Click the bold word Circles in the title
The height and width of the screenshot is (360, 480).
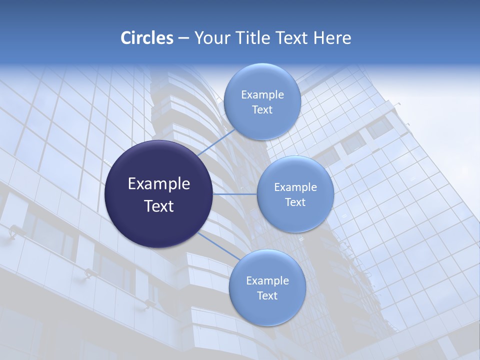point(146,38)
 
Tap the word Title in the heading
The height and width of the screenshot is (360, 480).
point(253,38)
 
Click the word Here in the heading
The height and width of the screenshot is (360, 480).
point(332,38)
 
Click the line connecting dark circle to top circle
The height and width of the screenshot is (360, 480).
point(216,142)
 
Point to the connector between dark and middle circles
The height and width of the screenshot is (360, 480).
point(235,194)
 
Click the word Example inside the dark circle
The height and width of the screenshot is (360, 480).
point(159,184)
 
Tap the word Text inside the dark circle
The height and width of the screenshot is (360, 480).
point(159,206)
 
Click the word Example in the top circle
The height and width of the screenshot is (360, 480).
point(262,94)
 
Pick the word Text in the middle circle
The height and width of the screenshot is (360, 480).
point(295,202)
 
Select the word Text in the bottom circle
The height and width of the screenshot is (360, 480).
point(267,295)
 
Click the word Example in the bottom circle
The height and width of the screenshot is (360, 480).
point(267,280)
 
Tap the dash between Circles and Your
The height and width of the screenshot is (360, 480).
point(183,38)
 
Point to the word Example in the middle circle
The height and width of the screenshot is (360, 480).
point(295,187)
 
